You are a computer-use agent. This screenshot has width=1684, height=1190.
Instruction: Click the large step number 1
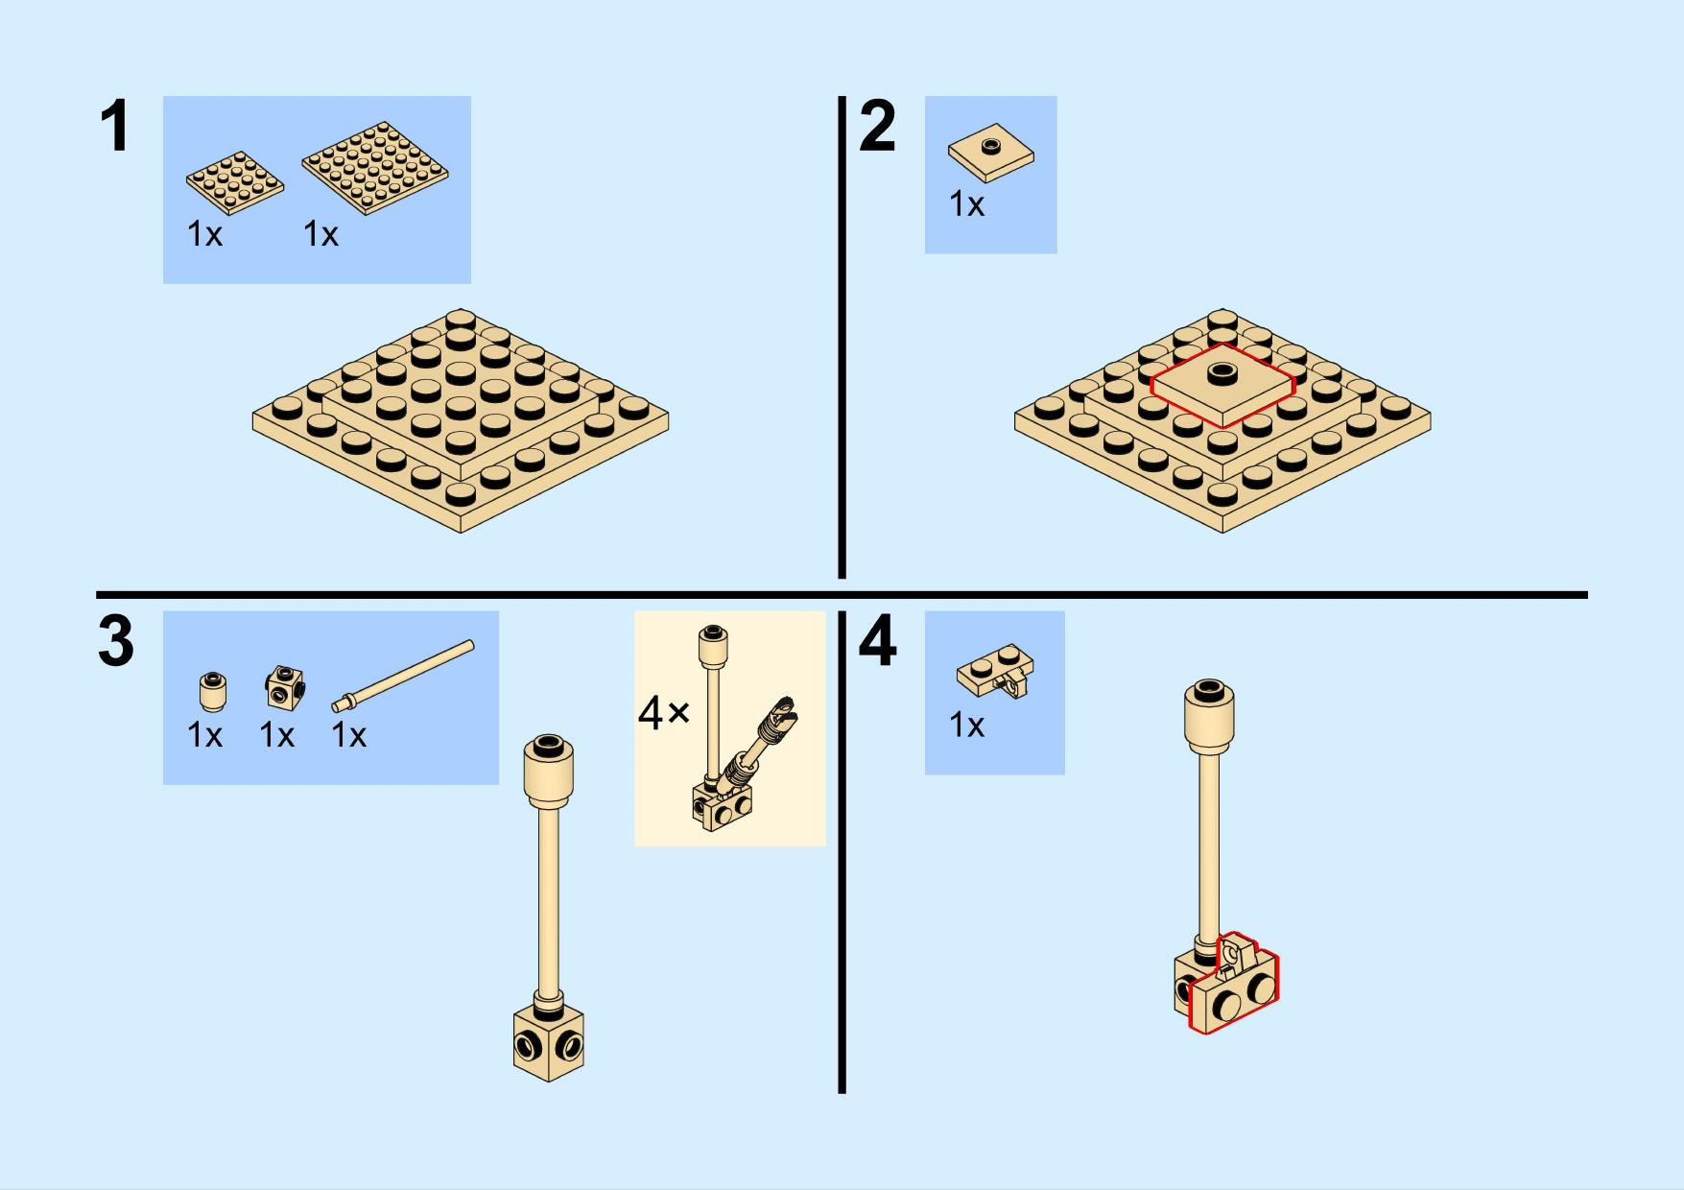[x=115, y=127]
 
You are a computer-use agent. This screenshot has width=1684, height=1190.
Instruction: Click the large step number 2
[x=877, y=127]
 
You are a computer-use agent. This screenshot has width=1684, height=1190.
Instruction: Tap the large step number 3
[x=116, y=642]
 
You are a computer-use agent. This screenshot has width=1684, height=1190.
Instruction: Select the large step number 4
[x=878, y=642]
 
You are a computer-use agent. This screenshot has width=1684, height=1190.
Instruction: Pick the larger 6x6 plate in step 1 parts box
[x=375, y=167]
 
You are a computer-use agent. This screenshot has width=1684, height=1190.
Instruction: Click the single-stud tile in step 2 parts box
[x=991, y=153]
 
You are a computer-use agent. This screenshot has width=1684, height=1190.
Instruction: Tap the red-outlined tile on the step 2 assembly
[x=1223, y=386]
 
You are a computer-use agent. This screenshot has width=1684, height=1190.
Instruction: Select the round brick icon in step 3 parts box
[x=214, y=691]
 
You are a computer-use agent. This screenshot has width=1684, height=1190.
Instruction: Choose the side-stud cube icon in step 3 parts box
[x=285, y=687]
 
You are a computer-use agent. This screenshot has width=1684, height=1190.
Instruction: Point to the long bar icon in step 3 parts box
[x=403, y=677]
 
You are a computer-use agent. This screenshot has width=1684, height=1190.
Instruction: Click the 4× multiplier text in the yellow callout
[x=663, y=714]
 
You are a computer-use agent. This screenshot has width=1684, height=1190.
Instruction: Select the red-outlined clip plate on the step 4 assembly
[x=1234, y=984]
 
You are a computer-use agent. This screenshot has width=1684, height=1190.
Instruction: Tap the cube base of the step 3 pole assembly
[x=549, y=1042]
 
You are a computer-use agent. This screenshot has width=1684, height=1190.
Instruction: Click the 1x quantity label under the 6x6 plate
[x=320, y=234]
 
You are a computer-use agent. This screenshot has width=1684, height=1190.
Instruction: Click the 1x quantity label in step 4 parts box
[x=966, y=726]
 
